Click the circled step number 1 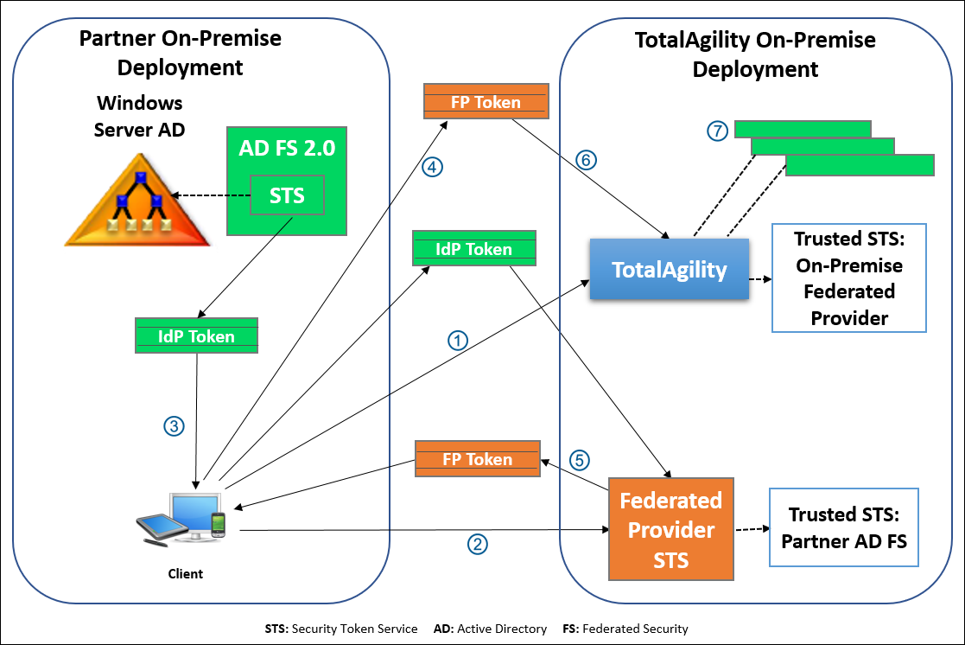(459, 340)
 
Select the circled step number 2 (478, 544)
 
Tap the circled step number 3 (175, 425)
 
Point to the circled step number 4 (433, 167)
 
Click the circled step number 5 (580, 459)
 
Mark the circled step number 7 (717, 131)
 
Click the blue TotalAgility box (670, 270)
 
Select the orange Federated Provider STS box (670, 529)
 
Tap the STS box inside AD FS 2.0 (287, 195)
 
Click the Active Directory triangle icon (138, 202)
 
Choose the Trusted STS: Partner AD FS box (844, 527)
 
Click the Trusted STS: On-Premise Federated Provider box (849, 278)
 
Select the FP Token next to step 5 (477, 459)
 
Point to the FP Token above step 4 (486, 102)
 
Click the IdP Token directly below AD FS (197, 336)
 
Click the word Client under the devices (185, 573)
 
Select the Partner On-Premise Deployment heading (181, 53)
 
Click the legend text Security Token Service (354, 629)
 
